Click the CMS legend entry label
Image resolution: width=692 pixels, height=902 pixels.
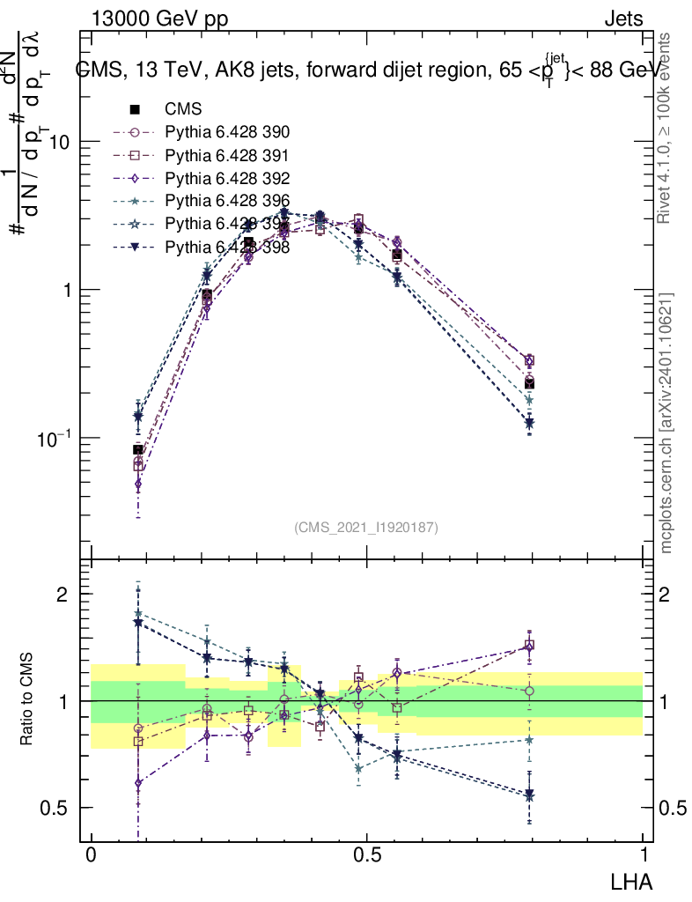click(183, 110)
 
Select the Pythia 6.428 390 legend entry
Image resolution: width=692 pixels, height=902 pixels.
click(227, 133)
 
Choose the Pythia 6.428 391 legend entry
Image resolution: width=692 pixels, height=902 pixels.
click(227, 156)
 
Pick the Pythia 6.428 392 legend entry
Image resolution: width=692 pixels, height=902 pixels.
click(227, 179)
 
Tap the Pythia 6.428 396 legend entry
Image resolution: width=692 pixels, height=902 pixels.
click(227, 202)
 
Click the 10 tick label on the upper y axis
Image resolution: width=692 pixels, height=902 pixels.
click(60, 142)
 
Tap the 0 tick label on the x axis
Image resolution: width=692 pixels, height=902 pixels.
click(92, 856)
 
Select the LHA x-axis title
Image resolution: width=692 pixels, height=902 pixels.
click(632, 881)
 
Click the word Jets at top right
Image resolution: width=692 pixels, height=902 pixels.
click(622, 18)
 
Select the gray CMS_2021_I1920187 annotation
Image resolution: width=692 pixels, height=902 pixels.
click(366, 528)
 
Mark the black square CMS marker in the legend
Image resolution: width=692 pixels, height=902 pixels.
click(136, 110)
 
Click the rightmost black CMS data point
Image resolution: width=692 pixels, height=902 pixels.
click(529, 383)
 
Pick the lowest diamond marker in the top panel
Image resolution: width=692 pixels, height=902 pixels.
click(138, 484)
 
